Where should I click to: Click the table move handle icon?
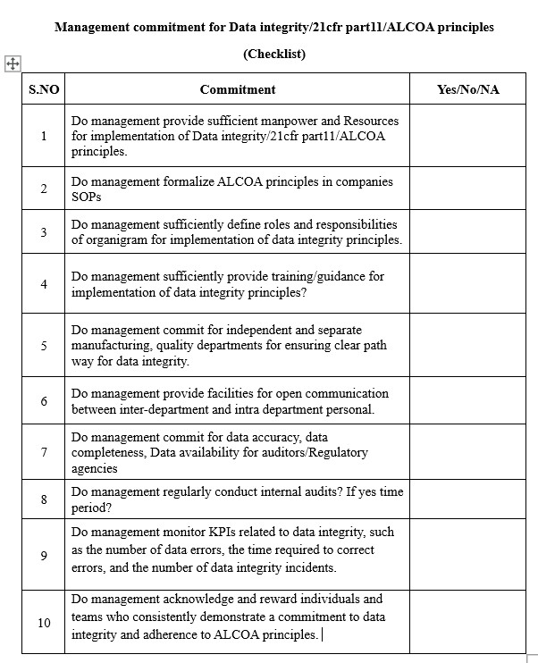[13, 63]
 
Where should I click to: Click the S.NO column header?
[43, 89]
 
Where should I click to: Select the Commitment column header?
[238, 89]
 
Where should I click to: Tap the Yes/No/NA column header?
[467, 89]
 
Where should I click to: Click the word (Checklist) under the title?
[274, 54]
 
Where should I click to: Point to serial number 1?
[43, 136]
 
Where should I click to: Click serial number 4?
[43, 284]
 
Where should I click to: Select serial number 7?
[43, 452]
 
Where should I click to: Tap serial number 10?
[44, 622]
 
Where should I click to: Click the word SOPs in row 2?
[87, 197]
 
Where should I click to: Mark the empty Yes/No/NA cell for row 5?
[467, 345]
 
